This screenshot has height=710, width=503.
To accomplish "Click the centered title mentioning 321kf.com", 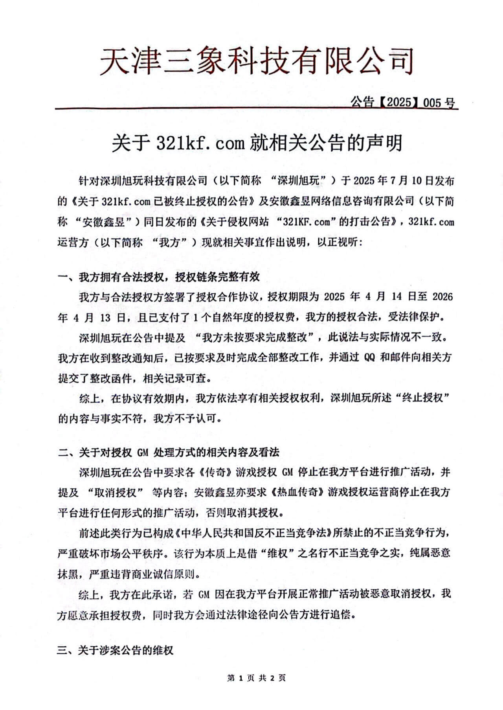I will pyautogui.click(x=257, y=143).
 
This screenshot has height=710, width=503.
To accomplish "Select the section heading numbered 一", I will pyautogui.click(x=159, y=277).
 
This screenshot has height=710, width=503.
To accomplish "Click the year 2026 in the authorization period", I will pyautogui.click(x=442, y=296).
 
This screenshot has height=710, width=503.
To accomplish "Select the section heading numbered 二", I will pyautogui.click(x=169, y=452).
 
